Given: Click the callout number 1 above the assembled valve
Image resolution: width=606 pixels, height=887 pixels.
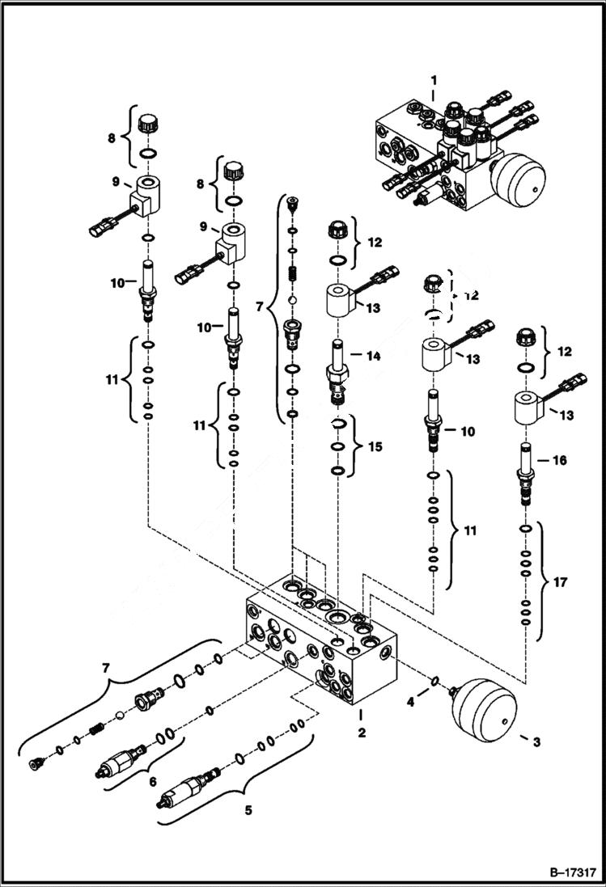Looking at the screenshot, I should [x=434, y=81].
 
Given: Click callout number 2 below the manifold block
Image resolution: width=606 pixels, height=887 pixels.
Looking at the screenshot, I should [x=362, y=733].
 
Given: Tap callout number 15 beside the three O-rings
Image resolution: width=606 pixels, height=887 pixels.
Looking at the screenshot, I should [x=373, y=447].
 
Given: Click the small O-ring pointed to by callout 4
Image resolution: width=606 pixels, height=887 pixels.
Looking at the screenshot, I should [x=435, y=682].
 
